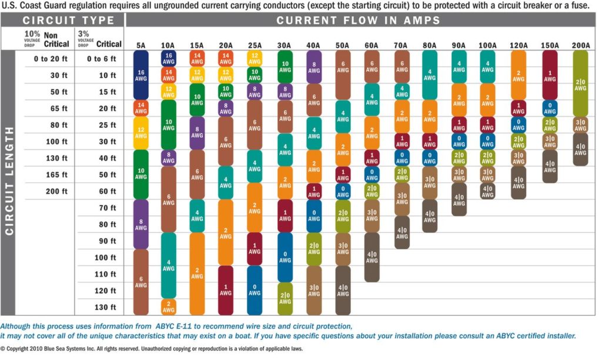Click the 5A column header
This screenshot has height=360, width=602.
pos(141,45)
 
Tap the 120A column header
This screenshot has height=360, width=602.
pos(519,45)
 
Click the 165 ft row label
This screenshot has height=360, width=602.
pos(56,175)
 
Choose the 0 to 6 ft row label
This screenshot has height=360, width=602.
pos(101,59)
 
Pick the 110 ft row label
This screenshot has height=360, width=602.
pos(105,274)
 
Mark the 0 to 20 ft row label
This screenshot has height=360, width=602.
pos(50,59)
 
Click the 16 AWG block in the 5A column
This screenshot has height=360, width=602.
pos(141,74)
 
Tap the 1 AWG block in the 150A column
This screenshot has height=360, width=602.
pos(550,74)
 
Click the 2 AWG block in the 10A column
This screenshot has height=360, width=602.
pos(168,306)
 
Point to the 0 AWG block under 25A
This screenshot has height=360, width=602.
pos(255,290)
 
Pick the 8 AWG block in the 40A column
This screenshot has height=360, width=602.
pos(314,66)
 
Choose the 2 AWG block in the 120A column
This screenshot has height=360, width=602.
pos(519,74)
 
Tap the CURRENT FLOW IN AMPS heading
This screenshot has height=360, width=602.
pos(359,21)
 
